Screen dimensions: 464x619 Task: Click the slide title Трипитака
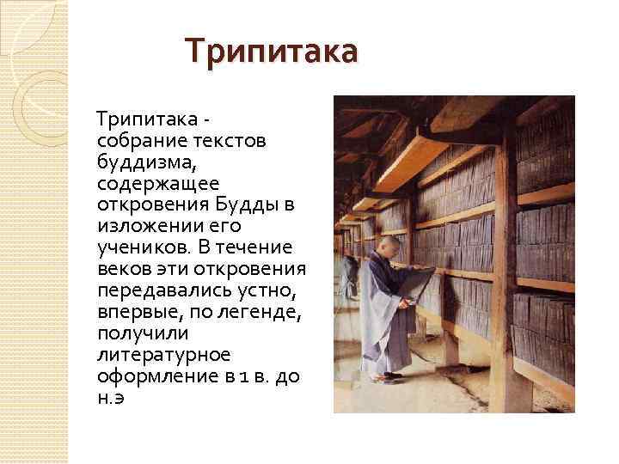click(x=272, y=52)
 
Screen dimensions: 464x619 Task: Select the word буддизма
click(x=141, y=161)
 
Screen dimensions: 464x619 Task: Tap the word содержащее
click(x=146, y=183)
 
